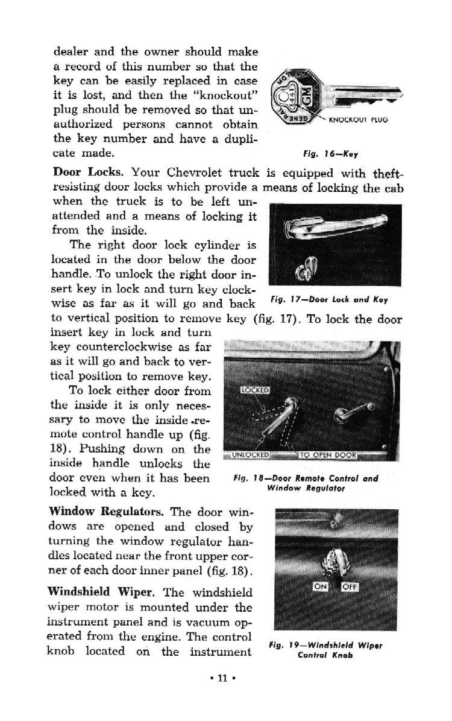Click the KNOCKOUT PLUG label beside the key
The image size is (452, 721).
point(357,119)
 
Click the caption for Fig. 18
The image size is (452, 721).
point(306,484)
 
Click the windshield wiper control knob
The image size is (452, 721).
point(336,562)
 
